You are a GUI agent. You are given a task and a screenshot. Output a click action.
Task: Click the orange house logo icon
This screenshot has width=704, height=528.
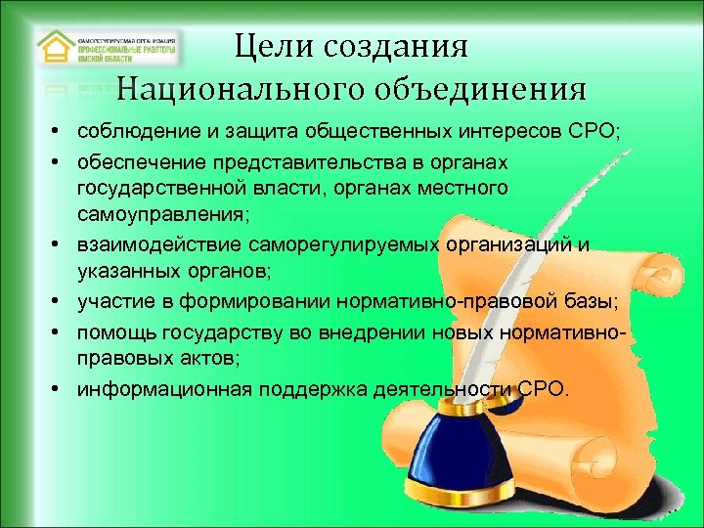pos(56,48)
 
